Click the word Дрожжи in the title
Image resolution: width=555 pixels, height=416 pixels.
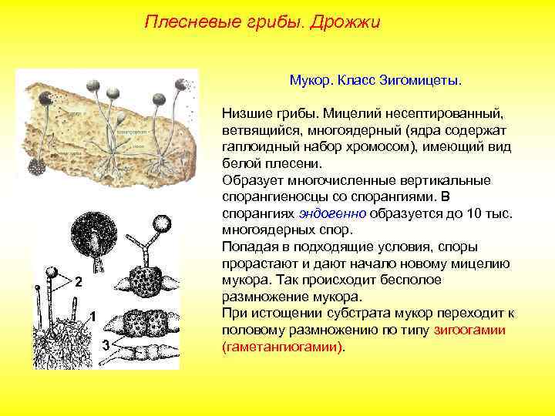pos(345,22)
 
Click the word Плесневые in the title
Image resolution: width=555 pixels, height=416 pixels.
pos(183,22)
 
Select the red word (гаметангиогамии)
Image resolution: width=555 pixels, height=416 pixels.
pos(283,347)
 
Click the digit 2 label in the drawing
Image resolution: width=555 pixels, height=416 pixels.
pos(79,281)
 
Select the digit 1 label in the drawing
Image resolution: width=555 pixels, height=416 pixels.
pos(92,317)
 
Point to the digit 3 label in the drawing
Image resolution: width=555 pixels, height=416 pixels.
pos(106,344)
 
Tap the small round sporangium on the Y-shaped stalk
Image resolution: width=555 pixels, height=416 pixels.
pos(163,224)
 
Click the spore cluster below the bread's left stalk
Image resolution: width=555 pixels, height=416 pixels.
pos(36,165)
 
